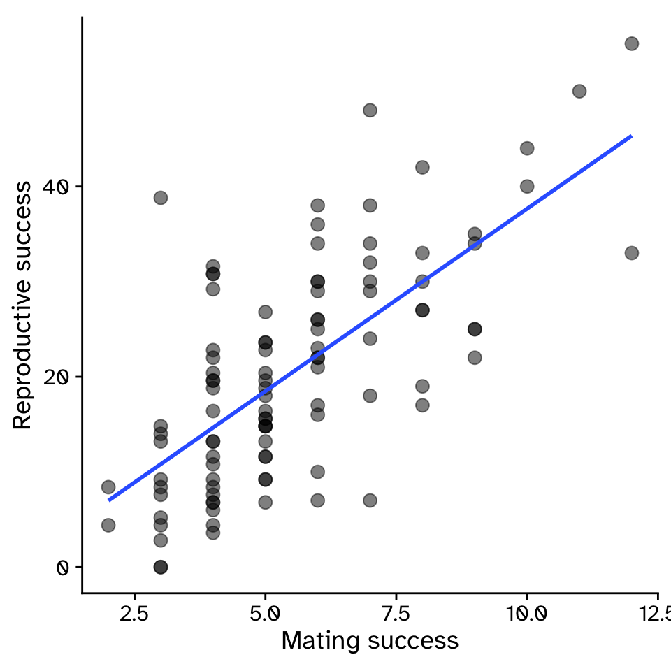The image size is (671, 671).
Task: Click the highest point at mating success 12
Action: [x=631, y=43]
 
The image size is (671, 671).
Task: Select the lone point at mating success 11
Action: [x=579, y=91]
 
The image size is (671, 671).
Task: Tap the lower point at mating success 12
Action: [x=631, y=252]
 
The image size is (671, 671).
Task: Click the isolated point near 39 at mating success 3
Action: [x=161, y=197]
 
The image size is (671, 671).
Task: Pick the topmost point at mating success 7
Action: [x=370, y=110]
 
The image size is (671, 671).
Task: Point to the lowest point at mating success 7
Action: [x=370, y=500]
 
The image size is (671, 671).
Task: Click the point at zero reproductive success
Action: [x=161, y=566]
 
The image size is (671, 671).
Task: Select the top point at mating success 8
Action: [x=422, y=167]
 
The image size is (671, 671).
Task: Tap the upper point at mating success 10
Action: [x=527, y=148]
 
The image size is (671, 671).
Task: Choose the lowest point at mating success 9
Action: [x=475, y=357]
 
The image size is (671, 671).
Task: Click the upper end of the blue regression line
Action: [x=631, y=136]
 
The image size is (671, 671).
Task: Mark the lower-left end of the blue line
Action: [x=109, y=500]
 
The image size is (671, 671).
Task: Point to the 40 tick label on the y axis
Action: [x=62, y=187]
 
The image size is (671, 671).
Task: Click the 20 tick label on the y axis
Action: [x=62, y=377]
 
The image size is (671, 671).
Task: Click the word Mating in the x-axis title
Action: [x=315, y=641]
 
